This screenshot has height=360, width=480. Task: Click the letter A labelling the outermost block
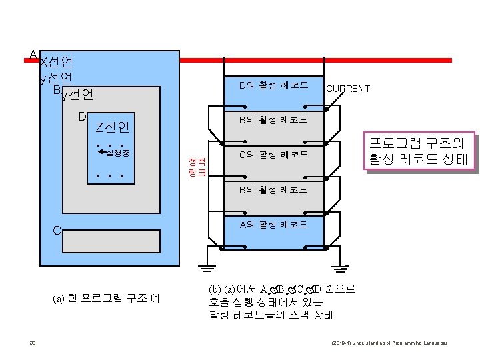point(33,54)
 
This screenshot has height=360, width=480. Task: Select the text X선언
point(57,63)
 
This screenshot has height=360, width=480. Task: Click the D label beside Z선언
point(82,117)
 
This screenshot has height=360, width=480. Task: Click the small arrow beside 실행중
point(101,153)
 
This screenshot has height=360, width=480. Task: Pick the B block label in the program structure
point(57,89)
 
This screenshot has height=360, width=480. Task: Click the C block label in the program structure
point(57,231)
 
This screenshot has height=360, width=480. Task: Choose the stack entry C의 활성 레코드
point(273,155)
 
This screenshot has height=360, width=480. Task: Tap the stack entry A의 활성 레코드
point(273,224)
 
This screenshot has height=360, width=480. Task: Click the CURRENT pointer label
point(348,89)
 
